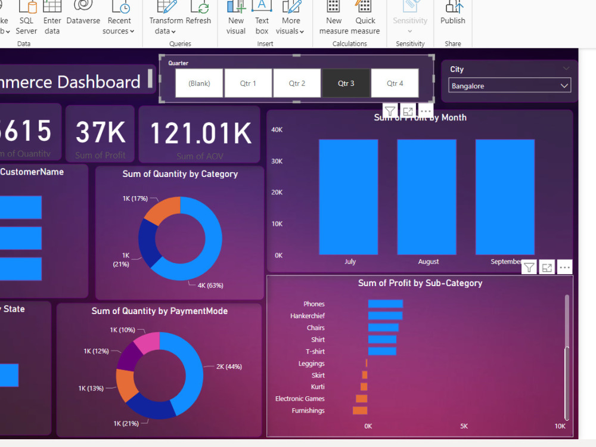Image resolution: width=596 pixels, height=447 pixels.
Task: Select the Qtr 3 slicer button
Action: [346, 83]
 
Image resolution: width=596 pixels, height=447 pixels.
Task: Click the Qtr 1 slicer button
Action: [248, 83]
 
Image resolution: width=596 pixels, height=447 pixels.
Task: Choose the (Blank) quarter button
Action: [199, 83]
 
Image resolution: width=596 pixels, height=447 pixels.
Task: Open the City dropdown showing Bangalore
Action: [510, 86]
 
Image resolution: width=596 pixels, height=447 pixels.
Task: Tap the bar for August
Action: [427, 197]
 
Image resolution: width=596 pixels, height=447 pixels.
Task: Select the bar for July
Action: [349, 197]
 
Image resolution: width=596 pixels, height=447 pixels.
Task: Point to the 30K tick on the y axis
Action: [278, 161]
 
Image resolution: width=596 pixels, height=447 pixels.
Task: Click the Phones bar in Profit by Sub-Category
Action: [385, 304]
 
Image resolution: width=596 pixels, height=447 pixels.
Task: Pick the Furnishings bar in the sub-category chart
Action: [360, 411]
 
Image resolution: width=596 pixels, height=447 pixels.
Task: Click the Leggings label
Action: [312, 364]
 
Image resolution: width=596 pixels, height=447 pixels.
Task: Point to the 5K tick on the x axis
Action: [464, 426]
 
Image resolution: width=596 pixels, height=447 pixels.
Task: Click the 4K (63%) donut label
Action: [210, 285]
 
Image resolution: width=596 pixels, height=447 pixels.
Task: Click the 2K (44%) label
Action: [229, 367]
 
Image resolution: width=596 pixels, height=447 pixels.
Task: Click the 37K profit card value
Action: [101, 132]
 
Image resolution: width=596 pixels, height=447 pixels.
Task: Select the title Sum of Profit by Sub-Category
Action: [420, 283]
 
